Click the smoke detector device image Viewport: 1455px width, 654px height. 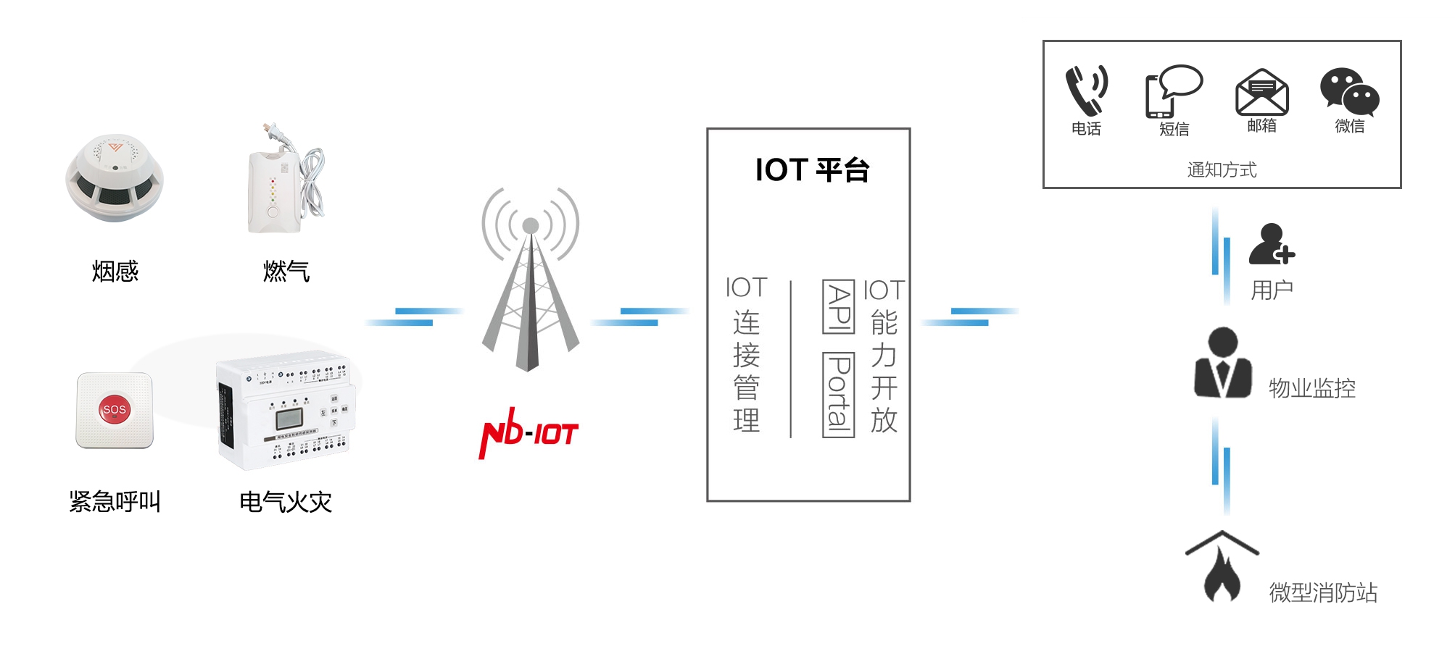(115, 178)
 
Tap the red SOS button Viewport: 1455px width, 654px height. (114, 409)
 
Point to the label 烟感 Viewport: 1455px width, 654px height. (115, 272)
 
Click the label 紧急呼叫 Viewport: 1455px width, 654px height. (115, 501)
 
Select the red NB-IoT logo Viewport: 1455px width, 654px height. (528, 433)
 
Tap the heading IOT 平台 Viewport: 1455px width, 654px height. (811, 170)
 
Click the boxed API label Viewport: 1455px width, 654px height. (839, 306)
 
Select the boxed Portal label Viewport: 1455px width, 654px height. (839, 395)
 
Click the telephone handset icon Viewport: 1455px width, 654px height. (1086, 91)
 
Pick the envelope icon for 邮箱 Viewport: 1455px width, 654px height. (1261, 93)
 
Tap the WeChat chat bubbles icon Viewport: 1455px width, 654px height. (1349, 92)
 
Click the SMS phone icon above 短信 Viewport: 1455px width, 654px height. (1173, 92)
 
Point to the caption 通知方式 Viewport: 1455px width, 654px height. (1222, 170)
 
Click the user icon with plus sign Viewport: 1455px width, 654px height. (1271, 244)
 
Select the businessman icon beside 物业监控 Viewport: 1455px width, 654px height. (1223, 363)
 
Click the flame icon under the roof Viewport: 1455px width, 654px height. (1222, 576)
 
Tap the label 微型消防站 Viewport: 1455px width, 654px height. (1322, 592)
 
